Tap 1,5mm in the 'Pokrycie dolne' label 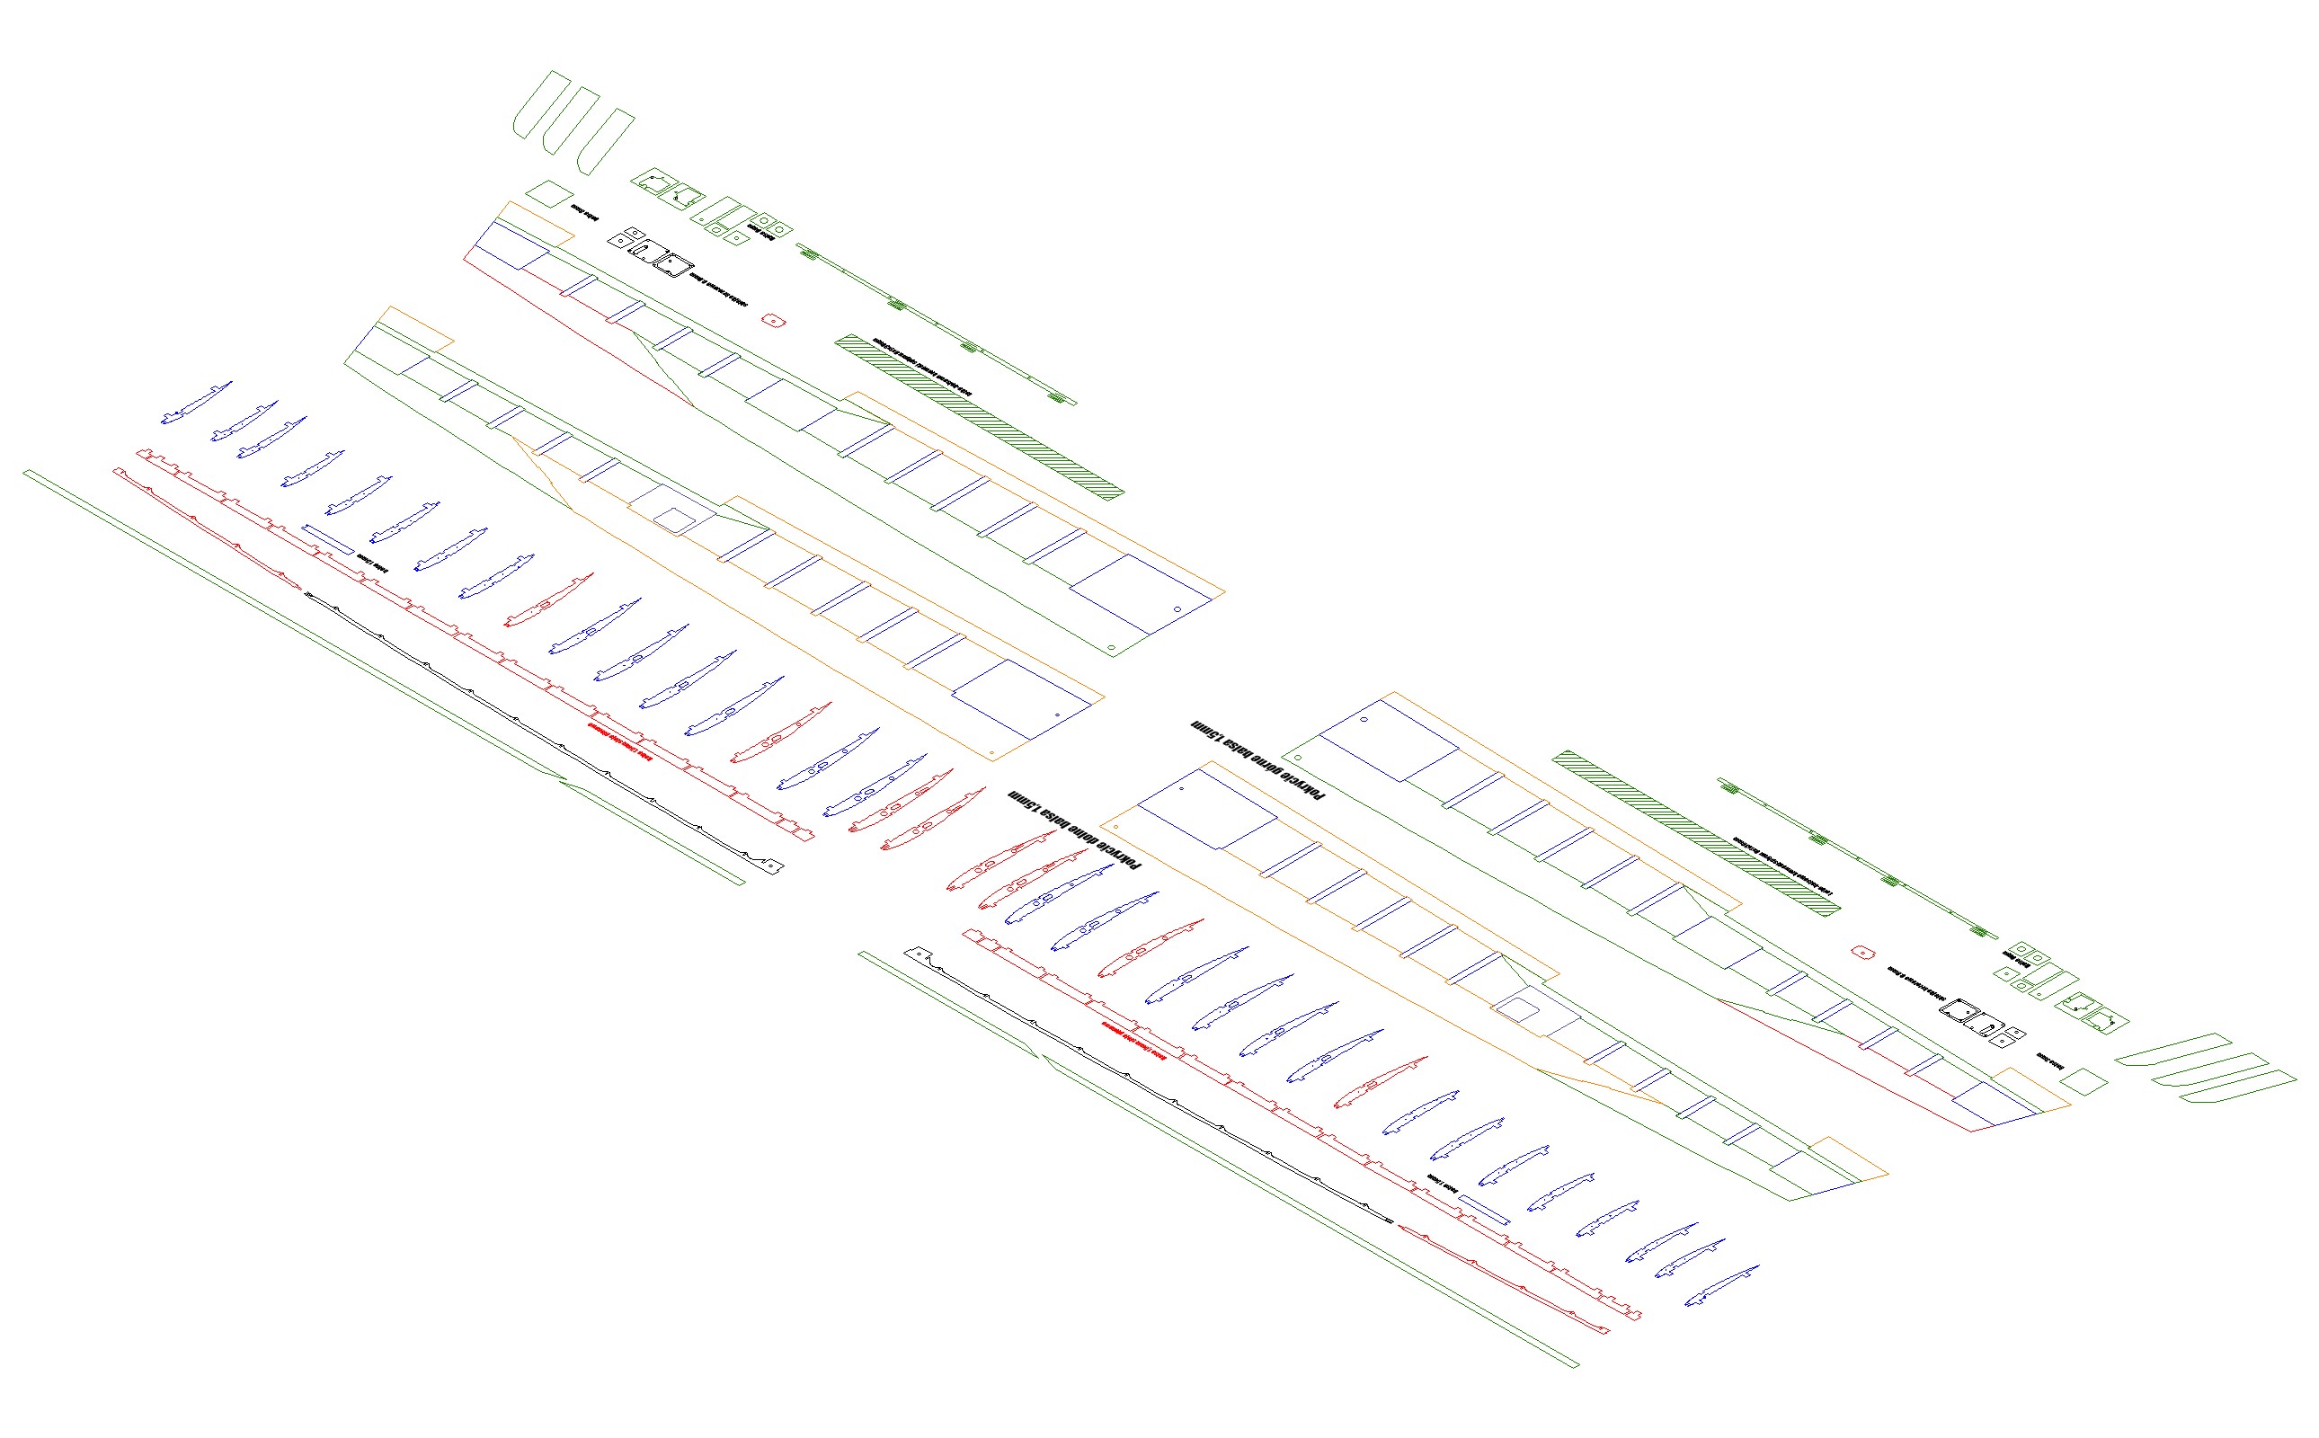point(1024,797)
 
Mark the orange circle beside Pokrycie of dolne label point(1115,828)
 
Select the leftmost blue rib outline point(195,404)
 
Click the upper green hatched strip point(980,415)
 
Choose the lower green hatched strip point(1696,833)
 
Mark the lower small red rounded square point(1861,952)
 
